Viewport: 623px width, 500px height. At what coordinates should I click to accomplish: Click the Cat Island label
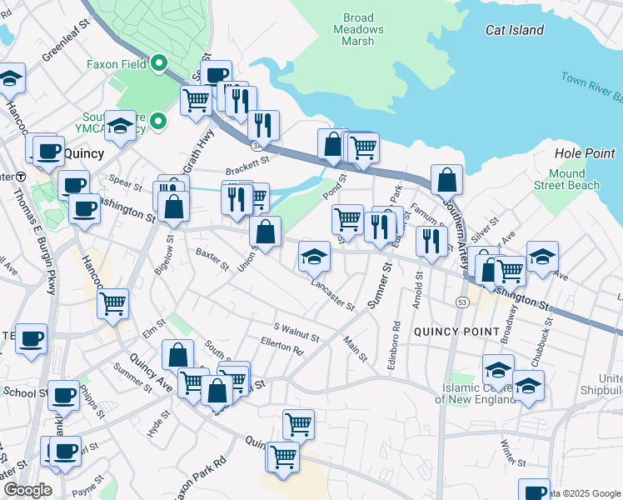[515, 30]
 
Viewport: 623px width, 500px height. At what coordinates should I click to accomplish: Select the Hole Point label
[584, 153]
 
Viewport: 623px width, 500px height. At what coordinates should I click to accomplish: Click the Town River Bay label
[591, 83]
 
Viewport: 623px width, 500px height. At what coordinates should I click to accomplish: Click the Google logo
[27, 490]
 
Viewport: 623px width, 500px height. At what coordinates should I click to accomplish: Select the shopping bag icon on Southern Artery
[447, 179]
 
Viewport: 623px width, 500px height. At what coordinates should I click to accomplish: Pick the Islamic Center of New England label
[476, 393]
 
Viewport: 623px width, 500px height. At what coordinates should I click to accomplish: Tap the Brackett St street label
[248, 157]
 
